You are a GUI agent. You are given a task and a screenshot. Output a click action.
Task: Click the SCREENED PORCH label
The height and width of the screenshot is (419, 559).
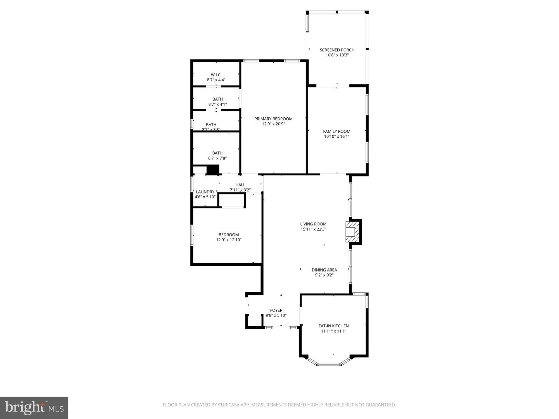point(337,50)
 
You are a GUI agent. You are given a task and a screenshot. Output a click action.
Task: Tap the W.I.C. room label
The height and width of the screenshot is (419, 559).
point(216,75)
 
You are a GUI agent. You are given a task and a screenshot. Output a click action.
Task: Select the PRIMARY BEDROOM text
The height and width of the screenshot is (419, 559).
point(273,119)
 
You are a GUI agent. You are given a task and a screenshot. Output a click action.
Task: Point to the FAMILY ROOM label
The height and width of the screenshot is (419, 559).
point(337,131)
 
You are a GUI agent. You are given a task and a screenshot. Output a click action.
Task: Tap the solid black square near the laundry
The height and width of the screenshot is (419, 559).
point(213,170)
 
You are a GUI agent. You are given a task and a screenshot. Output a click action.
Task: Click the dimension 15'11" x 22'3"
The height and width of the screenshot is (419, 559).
point(313,229)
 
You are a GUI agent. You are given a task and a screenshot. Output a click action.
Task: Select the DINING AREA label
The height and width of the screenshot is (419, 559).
point(324,270)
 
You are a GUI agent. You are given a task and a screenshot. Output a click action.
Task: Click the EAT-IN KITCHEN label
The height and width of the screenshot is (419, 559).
point(333,326)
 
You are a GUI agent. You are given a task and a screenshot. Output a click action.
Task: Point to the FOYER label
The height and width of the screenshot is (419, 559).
point(276,310)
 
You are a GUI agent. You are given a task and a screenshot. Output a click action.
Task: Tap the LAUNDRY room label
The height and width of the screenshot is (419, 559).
point(205,192)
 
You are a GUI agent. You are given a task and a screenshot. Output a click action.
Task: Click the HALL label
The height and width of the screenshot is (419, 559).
point(240,185)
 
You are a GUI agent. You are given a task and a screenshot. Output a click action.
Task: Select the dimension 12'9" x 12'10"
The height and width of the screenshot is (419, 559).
point(229,240)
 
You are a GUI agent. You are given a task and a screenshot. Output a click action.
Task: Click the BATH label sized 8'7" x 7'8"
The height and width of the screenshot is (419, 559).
point(217,153)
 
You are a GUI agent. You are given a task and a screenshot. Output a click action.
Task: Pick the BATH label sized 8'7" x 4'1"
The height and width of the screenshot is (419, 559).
point(217,99)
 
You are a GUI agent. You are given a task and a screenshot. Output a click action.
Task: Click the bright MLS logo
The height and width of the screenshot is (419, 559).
point(34,408)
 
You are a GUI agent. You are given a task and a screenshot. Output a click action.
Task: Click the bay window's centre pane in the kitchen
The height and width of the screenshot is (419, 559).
point(329,364)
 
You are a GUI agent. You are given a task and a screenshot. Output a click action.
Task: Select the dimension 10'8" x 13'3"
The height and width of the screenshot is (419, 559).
point(337,55)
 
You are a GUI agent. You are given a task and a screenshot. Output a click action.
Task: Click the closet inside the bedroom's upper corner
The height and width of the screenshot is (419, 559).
point(232,201)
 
